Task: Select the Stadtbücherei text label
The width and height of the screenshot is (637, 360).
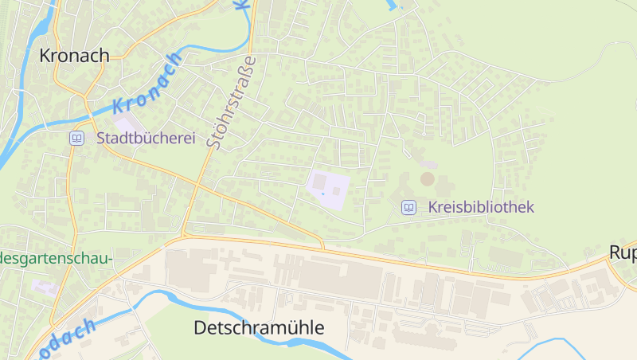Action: pos(146,138)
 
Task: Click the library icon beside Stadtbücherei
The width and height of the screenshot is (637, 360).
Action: pos(76,138)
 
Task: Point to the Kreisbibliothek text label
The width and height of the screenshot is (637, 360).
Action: pos(481,207)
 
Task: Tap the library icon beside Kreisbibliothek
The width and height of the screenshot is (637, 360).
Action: pos(408,207)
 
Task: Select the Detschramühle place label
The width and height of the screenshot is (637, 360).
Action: pos(260,327)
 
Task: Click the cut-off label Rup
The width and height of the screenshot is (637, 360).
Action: pos(623,252)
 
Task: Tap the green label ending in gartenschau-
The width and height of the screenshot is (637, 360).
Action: pos(56,258)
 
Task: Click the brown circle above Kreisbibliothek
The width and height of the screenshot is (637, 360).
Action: pos(428,178)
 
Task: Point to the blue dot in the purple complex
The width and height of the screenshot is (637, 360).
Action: pos(322,192)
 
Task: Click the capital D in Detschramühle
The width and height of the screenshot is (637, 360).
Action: pos(201,327)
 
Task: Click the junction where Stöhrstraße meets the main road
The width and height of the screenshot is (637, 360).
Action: pos(184,235)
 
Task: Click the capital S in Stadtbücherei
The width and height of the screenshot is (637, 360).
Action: pos(102,138)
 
